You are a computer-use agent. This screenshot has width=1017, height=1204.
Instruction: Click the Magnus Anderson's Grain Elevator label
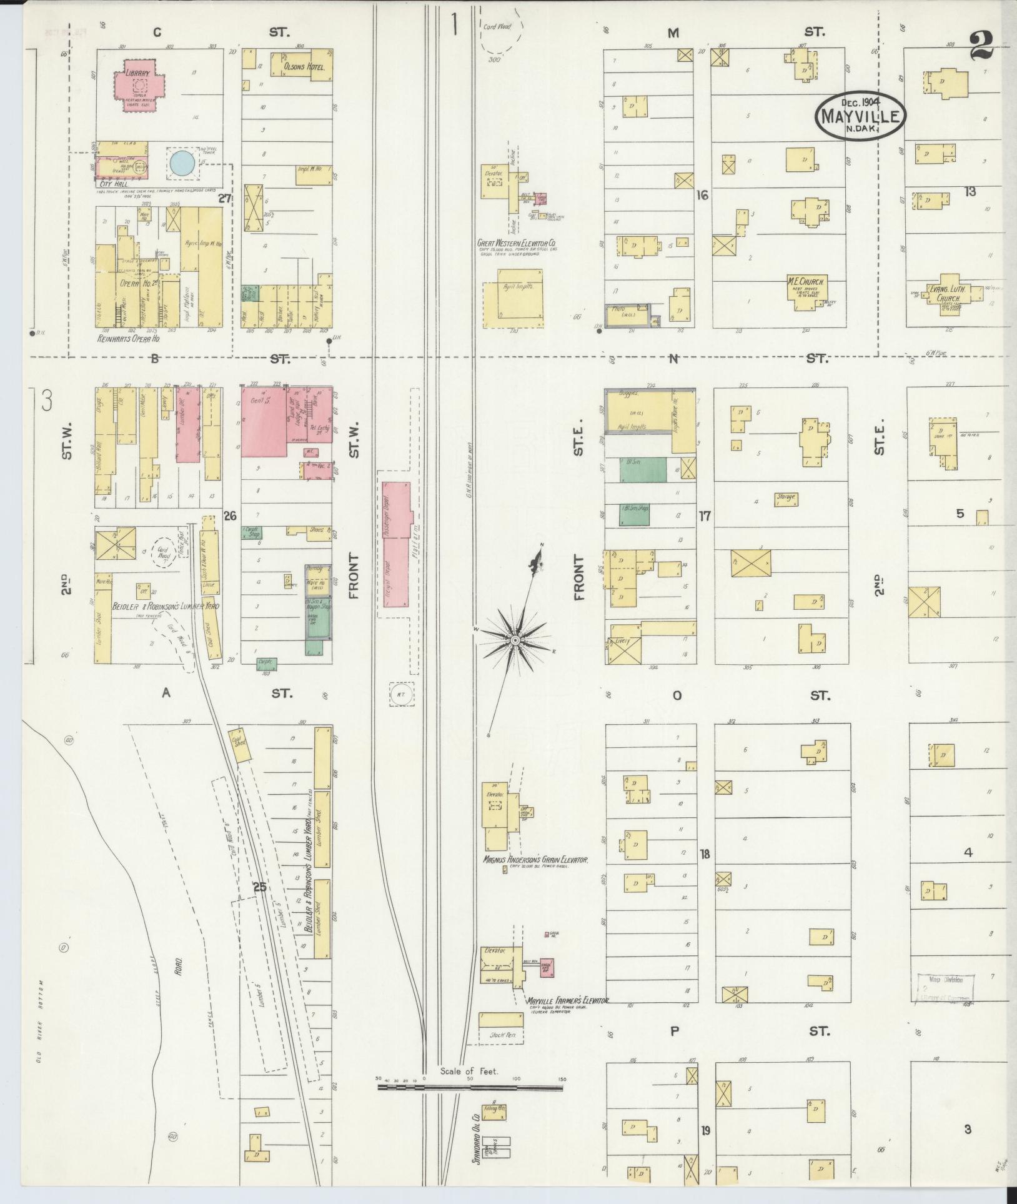pos(535,860)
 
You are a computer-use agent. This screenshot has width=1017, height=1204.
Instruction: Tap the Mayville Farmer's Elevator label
pos(567,1000)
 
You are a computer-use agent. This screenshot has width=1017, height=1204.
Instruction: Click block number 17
pos(705,516)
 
